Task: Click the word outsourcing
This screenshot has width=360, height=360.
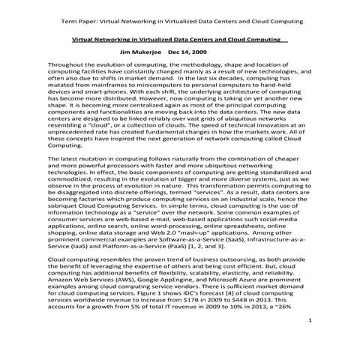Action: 198,269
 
